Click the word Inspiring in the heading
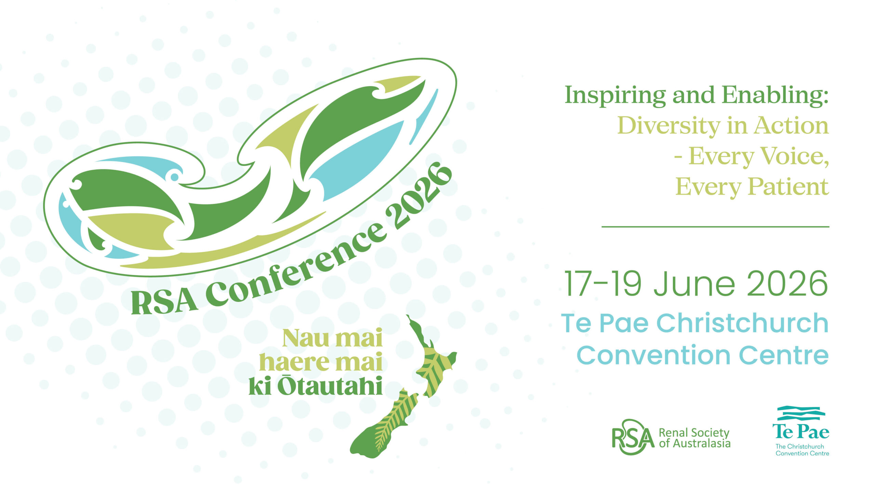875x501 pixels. pyautogui.click(x=615, y=96)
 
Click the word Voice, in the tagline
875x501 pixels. pyautogui.click(x=794, y=156)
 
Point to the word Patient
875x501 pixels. pyautogui.click(x=789, y=187)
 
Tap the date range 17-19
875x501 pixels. pyautogui.click(x=603, y=283)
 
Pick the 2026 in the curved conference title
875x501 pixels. pyautogui.click(x=418, y=196)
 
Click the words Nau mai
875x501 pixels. pyautogui.click(x=332, y=338)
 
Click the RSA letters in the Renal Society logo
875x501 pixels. pyautogui.click(x=633, y=437)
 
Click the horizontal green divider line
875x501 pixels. pyautogui.click(x=715, y=227)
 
